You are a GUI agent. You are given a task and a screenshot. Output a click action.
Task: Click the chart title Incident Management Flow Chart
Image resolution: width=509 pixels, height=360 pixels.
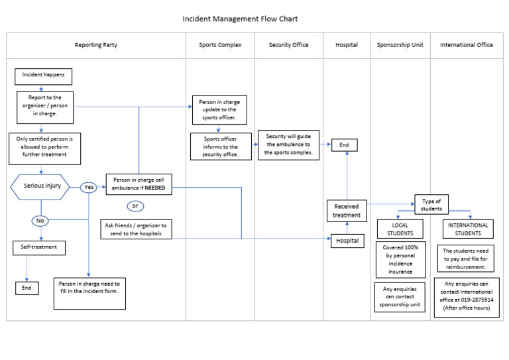coord(235,19)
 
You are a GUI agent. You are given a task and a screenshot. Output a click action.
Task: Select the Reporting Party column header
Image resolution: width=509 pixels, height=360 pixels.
coord(96,45)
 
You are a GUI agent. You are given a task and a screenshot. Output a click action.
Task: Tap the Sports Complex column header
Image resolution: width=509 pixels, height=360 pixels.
coord(220,45)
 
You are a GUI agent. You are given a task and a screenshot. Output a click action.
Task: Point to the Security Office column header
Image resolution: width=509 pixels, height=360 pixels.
coord(288,45)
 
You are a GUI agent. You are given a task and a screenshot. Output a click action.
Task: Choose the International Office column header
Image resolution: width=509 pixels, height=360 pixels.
coord(466,45)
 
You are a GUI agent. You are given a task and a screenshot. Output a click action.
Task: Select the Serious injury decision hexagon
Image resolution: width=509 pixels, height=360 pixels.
coord(42,186)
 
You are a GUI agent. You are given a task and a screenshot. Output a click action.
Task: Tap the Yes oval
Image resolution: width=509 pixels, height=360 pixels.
coord(88,188)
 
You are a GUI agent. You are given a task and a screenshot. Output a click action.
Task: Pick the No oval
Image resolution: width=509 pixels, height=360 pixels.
coord(40,220)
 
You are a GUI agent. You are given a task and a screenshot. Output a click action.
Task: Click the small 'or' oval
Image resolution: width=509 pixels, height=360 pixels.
coord(135,206)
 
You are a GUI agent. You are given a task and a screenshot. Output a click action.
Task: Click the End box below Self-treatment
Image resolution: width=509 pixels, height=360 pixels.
coord(27,288)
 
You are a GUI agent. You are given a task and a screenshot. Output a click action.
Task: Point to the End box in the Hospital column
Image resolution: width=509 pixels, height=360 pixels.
coord(344,145)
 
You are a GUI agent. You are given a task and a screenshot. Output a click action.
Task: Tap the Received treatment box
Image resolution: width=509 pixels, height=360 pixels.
coord(347,211)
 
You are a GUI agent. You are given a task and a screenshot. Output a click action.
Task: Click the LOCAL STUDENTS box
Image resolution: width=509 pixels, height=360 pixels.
coord(400,229)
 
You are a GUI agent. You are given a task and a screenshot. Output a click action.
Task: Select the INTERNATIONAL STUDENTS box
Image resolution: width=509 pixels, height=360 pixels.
coord(468,229)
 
